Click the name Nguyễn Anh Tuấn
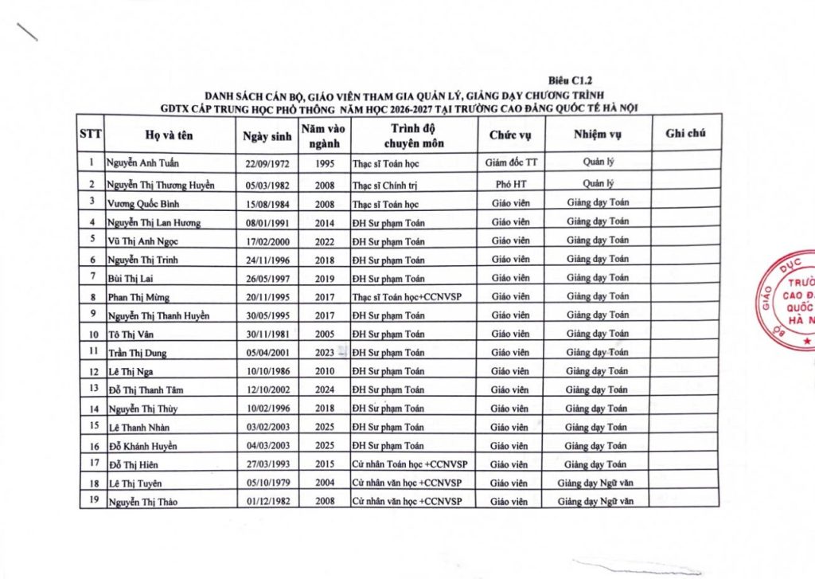pos(143,163)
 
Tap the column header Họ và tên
pos(170,135)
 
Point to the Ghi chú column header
pos(686,134)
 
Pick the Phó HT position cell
pos(510,184)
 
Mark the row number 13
pos(93,389)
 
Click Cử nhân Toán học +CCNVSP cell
pos(407,464)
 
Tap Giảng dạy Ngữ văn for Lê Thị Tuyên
pos(595,483)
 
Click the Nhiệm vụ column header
pos(597,134)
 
